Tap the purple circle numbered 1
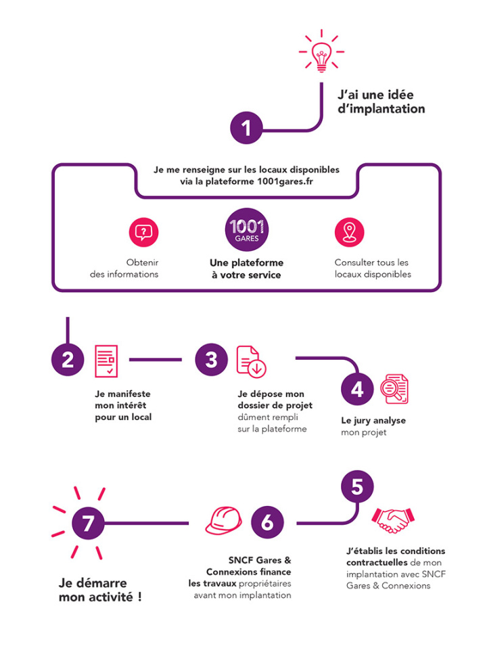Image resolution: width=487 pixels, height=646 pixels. pos(246,128)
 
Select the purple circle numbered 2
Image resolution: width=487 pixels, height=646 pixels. pos(68,360)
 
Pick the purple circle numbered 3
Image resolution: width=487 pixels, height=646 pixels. pos(211,360)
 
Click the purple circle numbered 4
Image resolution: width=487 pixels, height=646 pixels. pos(357,390)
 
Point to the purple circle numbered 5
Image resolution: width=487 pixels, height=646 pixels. pos(357,486)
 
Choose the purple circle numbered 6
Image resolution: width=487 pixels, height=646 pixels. pos(267,522)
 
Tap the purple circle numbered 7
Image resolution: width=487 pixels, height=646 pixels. pos(88,524)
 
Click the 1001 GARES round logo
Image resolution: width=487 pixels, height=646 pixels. pos(247,229)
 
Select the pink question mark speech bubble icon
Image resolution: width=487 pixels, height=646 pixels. pos(143,233)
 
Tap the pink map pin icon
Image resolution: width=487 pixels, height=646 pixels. pos(350,233)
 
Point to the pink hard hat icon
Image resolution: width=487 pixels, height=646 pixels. pos(224,521)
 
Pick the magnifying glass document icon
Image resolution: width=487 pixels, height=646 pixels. pos(394,388)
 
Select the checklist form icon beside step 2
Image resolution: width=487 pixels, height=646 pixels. pos(106,361)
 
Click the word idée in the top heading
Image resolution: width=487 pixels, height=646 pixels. pos(399,95)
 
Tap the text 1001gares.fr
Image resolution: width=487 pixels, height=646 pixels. pos(285,182)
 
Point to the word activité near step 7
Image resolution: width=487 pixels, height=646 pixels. pos(111,597)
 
